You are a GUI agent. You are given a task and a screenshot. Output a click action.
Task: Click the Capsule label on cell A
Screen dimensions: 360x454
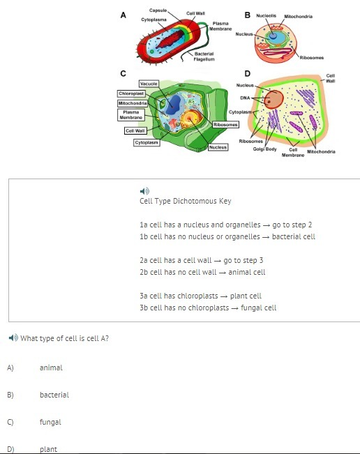click(x=158, y=10)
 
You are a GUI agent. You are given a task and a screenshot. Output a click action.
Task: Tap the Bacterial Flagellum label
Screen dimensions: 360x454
click(x=204, y=56)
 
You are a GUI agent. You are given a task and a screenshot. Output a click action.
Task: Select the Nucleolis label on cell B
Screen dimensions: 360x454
click(x=266, y=15)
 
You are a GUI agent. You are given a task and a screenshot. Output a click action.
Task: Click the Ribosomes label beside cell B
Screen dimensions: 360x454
click(x=312, y=58)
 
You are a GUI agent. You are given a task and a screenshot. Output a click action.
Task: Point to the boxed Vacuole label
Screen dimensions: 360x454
click(x=149, y=84)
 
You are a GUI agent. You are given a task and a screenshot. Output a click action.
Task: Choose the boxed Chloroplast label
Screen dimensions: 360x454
click(x=131, y=93)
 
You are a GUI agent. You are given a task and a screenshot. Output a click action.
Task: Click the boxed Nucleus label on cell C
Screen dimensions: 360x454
click(x=218, y=147)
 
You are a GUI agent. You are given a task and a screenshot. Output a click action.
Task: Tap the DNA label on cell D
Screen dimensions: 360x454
click(x=245, y=98)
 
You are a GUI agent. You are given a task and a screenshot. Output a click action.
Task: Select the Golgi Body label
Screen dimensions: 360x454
click(x=264, y=149)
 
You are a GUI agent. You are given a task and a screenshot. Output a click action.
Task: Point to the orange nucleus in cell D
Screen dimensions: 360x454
click(x=273, y=99)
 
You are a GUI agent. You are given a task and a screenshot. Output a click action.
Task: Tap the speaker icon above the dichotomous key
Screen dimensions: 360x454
click(x=144, y=191)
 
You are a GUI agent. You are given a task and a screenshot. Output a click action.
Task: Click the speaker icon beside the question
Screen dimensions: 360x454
click(x=13, y=338)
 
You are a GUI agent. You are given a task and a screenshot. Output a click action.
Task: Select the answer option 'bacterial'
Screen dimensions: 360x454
click(x=54, y=395)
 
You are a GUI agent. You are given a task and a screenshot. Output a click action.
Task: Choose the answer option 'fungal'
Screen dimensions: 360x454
click(x=50, y=422)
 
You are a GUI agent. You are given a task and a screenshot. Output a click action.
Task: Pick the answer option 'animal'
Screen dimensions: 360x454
click(x=51, y=368)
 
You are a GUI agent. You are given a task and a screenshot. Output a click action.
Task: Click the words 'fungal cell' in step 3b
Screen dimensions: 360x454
click(x=258, y=308)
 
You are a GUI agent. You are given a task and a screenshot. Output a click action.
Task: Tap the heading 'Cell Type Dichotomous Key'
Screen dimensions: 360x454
click(x=186, y=201)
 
